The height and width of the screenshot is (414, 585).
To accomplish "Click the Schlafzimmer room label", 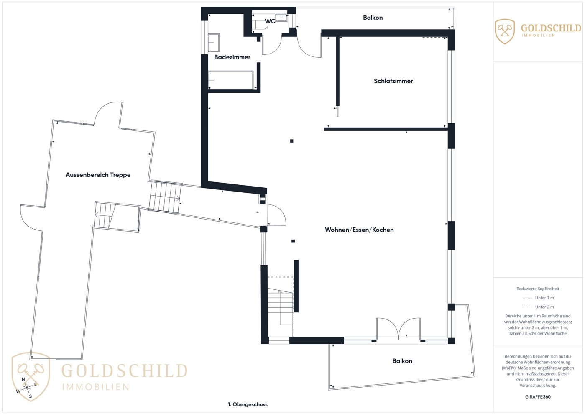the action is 393,81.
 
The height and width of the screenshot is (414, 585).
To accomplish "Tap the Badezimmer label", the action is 232,57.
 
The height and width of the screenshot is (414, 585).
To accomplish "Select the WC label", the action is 270,21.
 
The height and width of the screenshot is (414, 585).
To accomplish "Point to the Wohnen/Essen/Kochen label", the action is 359,230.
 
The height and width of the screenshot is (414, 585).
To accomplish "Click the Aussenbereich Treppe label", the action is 98,175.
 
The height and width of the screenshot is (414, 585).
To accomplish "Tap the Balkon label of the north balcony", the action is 373,18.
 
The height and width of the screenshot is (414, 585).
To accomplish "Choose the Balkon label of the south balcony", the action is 402,361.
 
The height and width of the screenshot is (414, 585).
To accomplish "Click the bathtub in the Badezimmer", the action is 231,80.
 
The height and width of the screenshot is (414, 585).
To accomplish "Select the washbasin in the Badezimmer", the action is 214,43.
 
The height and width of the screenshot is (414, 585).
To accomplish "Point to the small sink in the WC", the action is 281,18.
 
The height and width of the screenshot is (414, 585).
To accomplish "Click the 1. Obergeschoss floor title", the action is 248,405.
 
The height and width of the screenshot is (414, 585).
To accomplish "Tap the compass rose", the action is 26,388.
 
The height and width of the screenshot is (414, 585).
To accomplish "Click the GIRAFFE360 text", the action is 538,397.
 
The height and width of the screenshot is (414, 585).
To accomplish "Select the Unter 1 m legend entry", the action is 538,298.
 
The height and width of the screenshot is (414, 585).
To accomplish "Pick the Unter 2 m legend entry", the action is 538,307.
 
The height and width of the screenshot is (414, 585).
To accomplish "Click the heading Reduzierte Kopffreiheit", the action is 538,289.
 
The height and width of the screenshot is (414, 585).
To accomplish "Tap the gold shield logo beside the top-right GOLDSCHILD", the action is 505,31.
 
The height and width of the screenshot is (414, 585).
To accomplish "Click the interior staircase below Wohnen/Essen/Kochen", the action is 281,307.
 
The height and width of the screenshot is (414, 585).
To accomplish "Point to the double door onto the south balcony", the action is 398,328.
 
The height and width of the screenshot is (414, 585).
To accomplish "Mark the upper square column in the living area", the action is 292,141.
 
